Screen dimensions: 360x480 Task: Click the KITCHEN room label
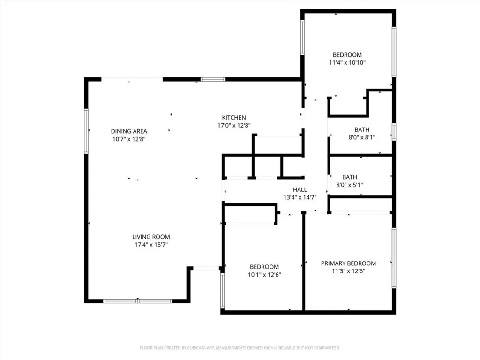[x=234, y=117]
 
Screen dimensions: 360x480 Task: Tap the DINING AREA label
[x=129, y=131]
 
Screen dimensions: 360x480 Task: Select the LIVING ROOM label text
[x=151, y=237]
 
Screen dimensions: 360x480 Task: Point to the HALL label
[x=300, y=189]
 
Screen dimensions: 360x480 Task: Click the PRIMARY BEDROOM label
[x=348, y=263]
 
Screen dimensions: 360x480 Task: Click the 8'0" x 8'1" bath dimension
[x=361, y=137]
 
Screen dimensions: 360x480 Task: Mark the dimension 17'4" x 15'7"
[x=151, y=245]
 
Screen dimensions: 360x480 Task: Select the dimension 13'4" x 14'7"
[x=300, y=197]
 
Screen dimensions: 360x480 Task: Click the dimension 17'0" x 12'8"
[x=234, y=125]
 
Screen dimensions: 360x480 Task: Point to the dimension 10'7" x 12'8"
[x=129, y=139]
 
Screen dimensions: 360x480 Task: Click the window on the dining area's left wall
[x=86, y=131]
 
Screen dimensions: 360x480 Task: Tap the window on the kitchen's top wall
[x=213, y=79]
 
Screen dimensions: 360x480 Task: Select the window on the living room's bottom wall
[x=138, y=301]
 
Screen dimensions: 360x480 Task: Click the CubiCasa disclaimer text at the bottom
[x=240, y=348]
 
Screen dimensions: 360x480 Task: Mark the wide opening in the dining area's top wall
[x=132, y=79]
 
